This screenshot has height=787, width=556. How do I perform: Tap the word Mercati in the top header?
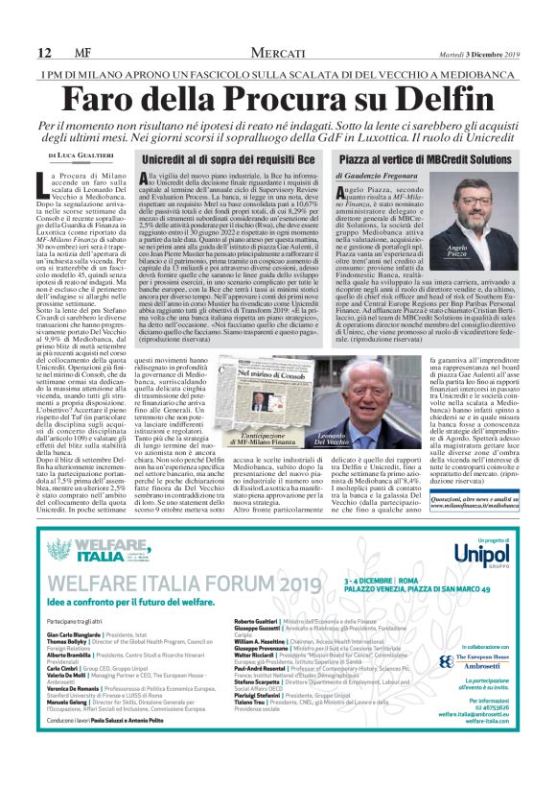pos(278,54)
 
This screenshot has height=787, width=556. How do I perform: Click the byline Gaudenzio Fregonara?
pos(383,177)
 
